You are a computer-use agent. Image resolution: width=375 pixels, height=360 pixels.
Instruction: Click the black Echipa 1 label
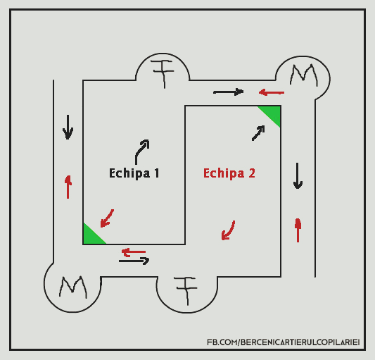point(134,173)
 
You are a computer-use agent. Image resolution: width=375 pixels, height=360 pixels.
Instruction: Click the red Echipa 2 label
point(229,173)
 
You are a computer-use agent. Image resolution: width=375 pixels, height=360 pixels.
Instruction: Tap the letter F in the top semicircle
point(164,73)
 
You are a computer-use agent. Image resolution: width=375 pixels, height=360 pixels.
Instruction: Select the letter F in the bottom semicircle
point(186,290)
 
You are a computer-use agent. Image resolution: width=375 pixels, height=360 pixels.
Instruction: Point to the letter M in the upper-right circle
point(304,75)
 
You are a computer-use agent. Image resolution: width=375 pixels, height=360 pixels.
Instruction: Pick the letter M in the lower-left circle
point(73,287)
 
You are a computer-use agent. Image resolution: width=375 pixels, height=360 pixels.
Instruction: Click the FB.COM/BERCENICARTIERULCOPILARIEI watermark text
point(283,342)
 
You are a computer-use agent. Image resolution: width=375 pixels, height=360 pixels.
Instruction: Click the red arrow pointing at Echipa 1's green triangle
point(107,218)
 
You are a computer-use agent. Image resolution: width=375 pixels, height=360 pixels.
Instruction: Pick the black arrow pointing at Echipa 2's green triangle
point(258,133)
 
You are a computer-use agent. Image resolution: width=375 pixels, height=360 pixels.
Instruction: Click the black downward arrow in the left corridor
point(68,127)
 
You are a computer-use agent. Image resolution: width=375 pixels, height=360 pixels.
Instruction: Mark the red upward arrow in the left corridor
point(68,187)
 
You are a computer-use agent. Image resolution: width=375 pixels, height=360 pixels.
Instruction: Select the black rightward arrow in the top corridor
point(229,92)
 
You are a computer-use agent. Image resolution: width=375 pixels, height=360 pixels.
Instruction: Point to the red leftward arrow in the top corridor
point(272,92)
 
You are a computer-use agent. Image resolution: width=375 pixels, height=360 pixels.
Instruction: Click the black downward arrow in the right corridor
point(298,176)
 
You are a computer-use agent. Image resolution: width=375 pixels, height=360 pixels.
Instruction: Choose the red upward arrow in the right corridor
point(298,230)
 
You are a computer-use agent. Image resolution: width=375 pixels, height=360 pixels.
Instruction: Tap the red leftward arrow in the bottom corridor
point(134,252)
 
